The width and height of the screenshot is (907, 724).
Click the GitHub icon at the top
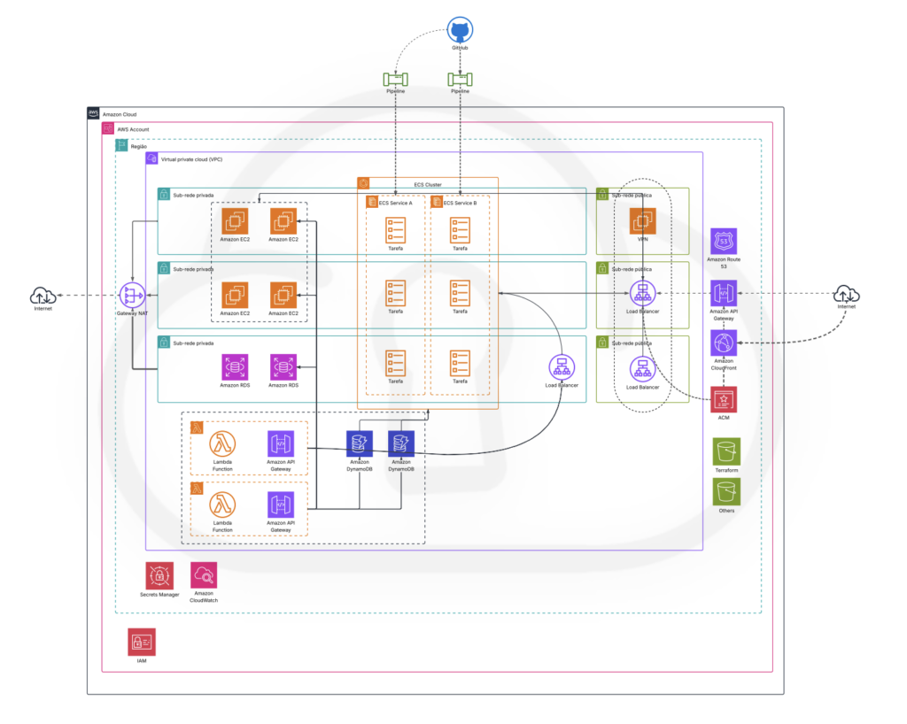(459, 30)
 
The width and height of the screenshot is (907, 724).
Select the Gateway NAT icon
(131, 295)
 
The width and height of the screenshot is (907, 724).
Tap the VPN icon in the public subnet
(642, 220)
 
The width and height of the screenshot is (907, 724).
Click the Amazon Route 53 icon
(724, 241)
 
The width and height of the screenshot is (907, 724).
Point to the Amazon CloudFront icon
(724, 343)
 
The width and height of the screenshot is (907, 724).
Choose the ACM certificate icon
(724, 399)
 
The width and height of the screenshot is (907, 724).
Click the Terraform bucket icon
(726, 451)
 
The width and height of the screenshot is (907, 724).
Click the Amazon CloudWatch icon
(204, 575)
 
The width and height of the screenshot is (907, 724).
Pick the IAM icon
(142, 643)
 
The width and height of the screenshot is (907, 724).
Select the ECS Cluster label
(428, 184)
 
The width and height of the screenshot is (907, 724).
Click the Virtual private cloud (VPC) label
(191, 159)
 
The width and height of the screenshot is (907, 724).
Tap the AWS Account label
(133, 129)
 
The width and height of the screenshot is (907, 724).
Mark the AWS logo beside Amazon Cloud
(93, 114)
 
